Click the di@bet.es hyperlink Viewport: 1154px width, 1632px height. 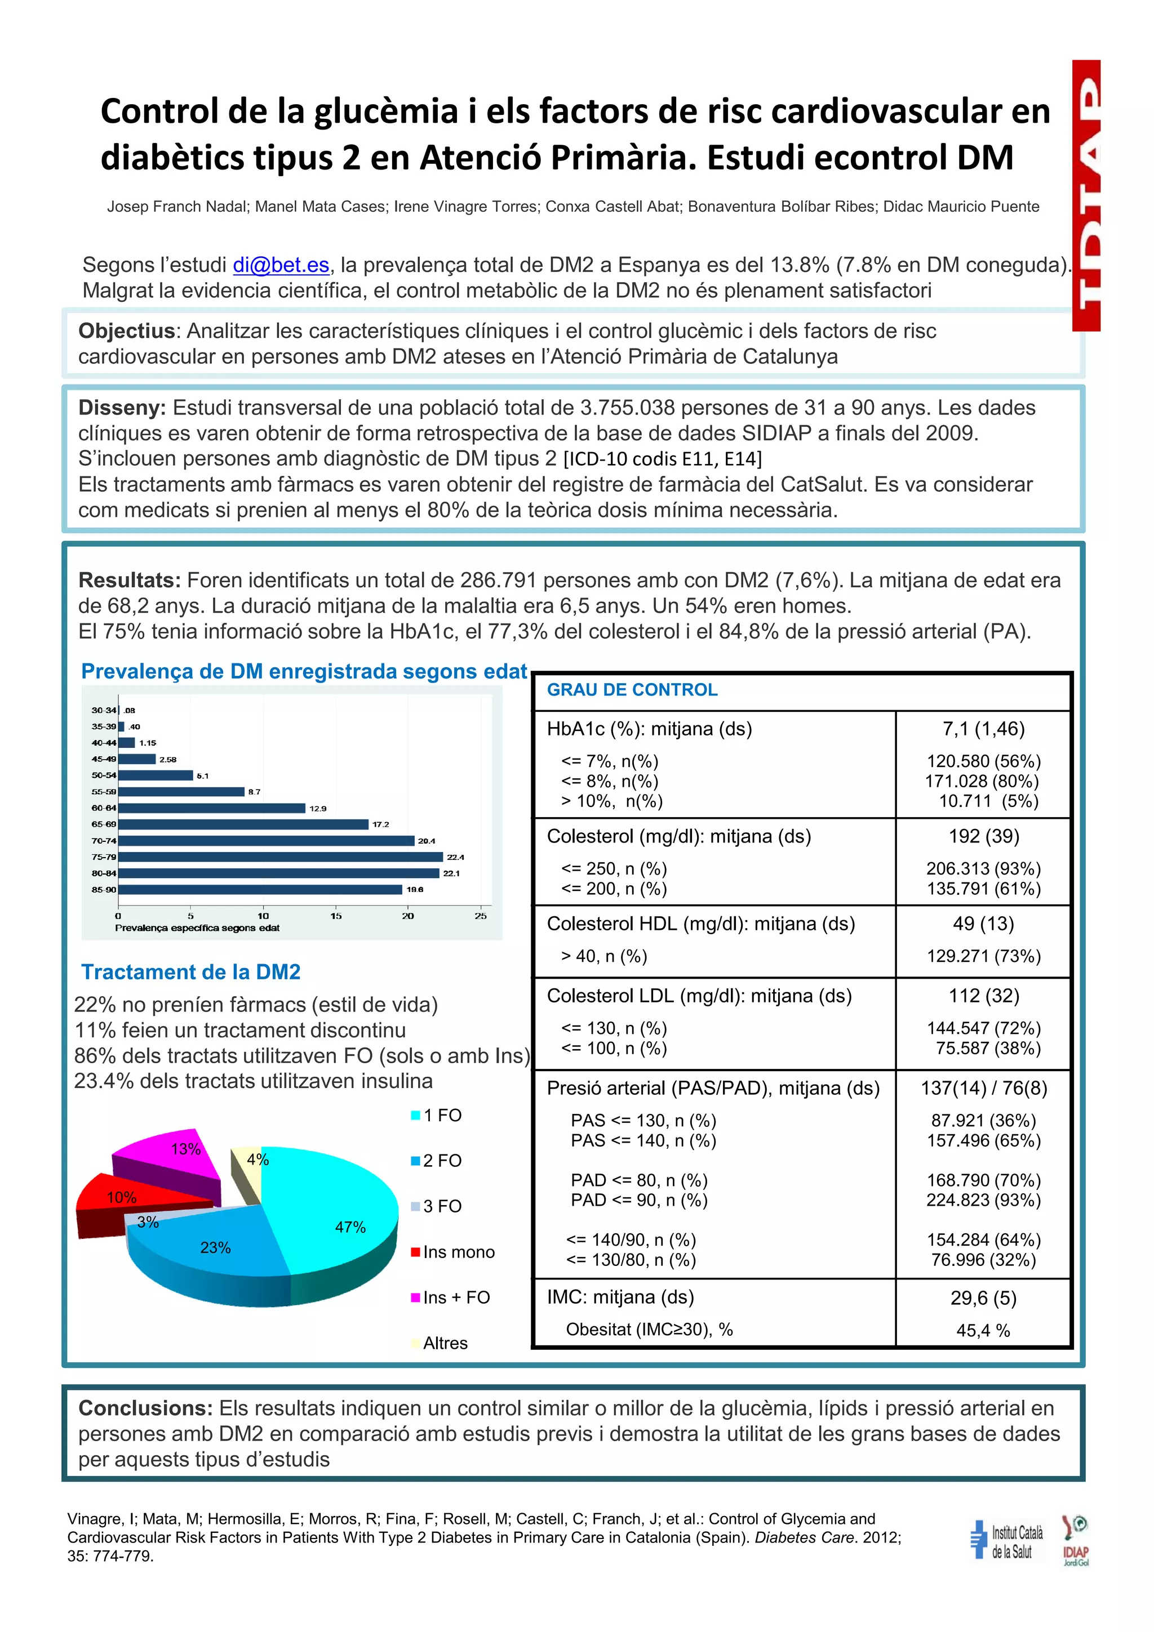pos(281,265)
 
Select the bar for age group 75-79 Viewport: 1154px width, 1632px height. pos(281,857)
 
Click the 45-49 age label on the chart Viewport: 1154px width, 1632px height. pos(104,759)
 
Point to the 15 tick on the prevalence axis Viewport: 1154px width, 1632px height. pos(336,916)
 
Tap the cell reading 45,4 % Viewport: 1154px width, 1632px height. pos(983,1331)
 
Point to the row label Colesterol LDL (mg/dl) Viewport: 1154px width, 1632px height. pos(699,996)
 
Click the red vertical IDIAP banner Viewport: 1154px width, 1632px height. pos(1086,195)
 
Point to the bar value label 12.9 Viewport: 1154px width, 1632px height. pos(317,809)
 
